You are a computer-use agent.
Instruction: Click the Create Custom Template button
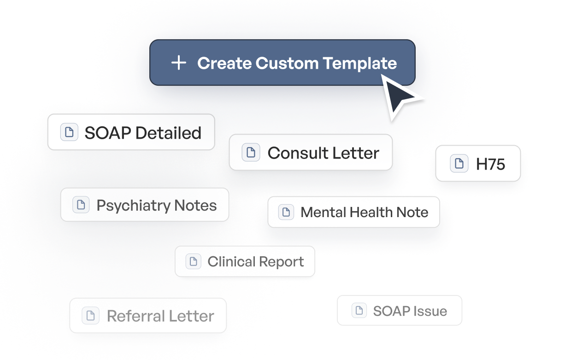282,63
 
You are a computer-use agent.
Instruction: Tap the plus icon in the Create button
178,63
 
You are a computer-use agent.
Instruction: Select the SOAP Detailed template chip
131,132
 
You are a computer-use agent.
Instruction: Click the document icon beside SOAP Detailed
69,132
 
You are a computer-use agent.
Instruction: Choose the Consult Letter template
311,153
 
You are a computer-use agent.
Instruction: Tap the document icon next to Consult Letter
251,153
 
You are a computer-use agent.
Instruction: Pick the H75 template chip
478,164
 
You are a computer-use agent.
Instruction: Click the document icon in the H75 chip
459,164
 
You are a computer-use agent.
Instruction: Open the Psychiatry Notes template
145,205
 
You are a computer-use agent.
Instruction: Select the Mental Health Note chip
353,212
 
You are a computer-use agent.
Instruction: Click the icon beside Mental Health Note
286,212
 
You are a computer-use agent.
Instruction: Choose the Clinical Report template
245,261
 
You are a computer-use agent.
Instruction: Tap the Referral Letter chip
148,316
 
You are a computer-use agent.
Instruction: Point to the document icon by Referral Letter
90,316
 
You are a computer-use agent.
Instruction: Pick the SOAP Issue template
400,311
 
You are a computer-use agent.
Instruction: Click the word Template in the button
359,63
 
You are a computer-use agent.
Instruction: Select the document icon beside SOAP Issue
359,311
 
